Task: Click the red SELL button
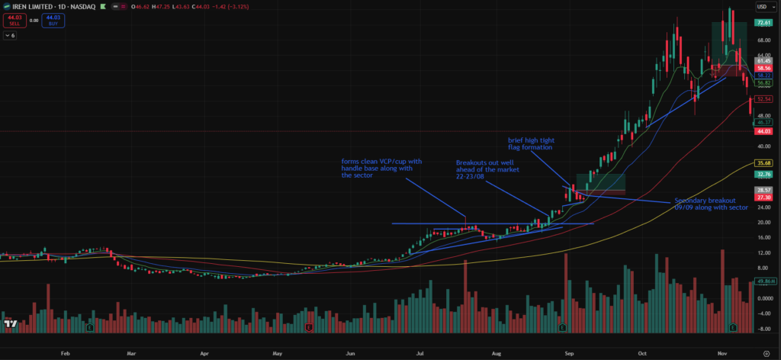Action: [x=14, y=21]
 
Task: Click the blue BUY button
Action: [x=53, y=21]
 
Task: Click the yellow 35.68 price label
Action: [x=764, y=163]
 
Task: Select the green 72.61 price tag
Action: [x=764, y=23]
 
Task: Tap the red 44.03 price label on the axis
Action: [x=764, y=131]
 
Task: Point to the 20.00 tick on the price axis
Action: [x=763, y=222]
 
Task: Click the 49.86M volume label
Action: [x=765, y=282]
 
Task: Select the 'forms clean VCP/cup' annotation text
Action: [x=382, y=167]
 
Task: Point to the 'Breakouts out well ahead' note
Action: [x=487, y=169]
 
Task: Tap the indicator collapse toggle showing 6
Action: [x=10, y=35]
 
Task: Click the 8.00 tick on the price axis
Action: [x=763, y=268]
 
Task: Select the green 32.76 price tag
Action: [x=764, y=174]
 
